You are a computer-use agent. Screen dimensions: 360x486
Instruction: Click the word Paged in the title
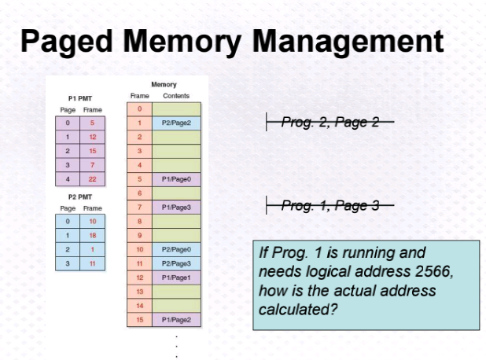click(x=68, y=41)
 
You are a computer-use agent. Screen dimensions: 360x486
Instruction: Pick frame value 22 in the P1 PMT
click(x=92, y=178)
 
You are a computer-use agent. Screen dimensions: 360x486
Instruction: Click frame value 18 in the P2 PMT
click(x=92, y=235)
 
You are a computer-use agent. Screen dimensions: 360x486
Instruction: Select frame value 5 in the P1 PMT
click(x=92, y=123)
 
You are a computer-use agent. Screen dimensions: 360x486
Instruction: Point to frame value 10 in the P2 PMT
click(x=92, y=221)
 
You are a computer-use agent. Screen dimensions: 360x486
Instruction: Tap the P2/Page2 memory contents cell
click(x=176, y=123)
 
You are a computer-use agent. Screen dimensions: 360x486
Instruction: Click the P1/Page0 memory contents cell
click(x=176, y=178)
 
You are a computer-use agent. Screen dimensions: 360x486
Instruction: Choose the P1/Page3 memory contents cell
click(x=176, y=207)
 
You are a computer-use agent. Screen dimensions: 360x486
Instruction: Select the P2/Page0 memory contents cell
click(x=176, y=249)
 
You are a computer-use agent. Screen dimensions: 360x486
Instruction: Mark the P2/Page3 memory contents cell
click(x=176, y=263)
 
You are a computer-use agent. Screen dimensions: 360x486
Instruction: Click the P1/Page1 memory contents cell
click(x=176, y=277)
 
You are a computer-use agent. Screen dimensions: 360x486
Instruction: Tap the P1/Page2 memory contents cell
click(x=176, y=319)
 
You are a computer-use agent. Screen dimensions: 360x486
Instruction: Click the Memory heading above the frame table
click(x=164, y=84)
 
